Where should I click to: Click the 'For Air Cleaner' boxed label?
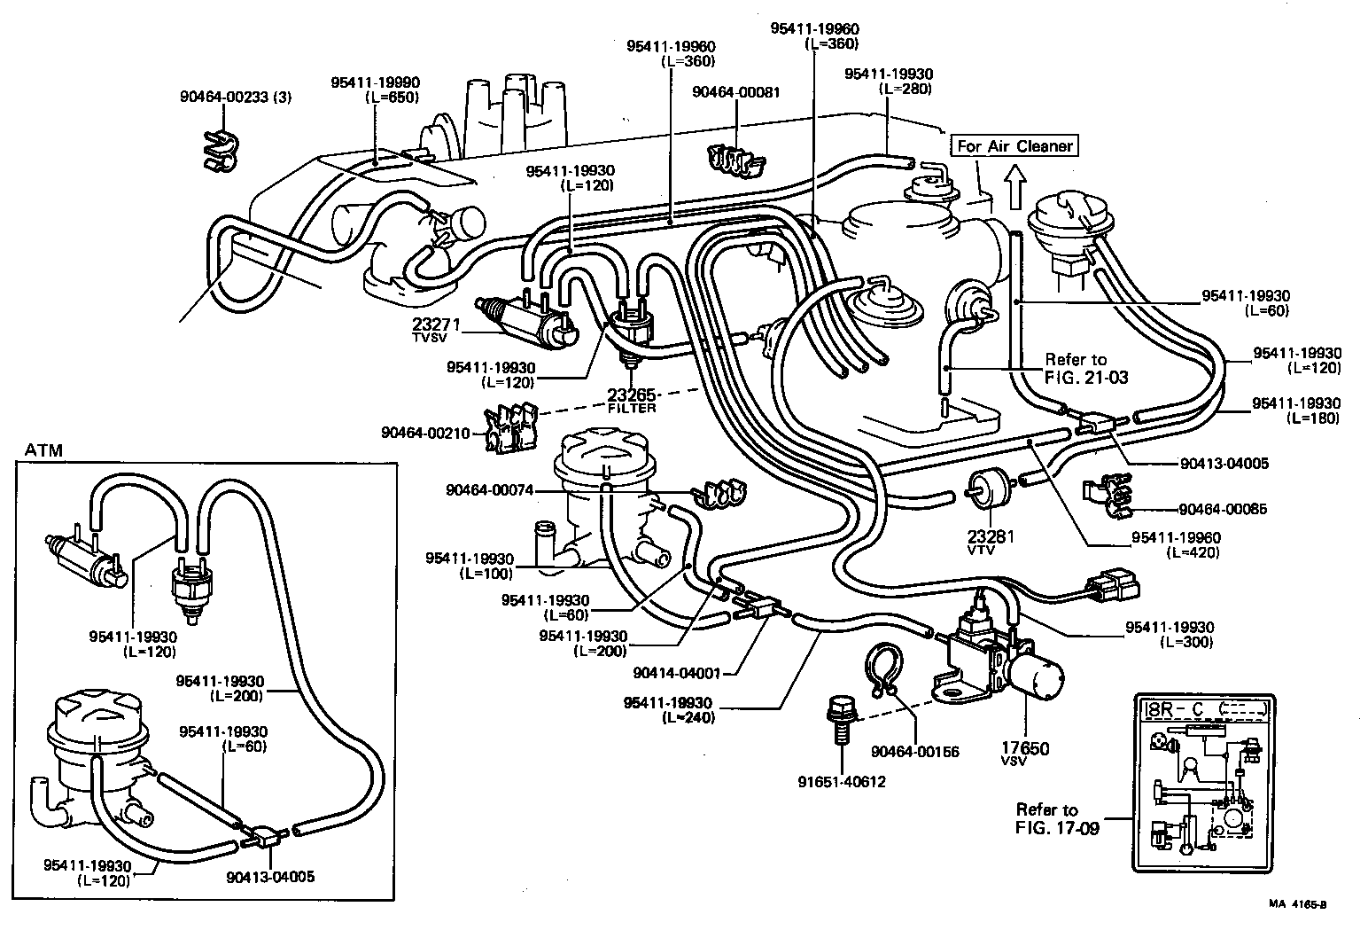click(1014, 146)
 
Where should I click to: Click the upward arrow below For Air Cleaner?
click(1015, 187)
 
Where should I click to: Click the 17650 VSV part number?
click(1025, 748)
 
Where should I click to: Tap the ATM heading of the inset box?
click(43, 449)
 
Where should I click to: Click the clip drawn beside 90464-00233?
click(219, 149)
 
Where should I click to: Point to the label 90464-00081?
click(736, 91)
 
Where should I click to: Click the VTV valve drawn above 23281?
click(982, 489)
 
